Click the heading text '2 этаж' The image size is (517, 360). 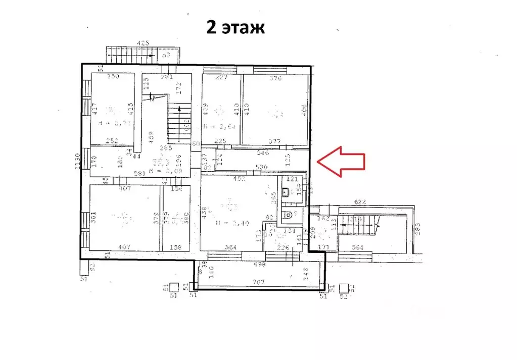click(235, 27)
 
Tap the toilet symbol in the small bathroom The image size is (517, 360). click(288, 214)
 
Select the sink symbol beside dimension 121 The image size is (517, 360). click(286, 192)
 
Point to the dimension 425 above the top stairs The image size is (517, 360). click(144, 43)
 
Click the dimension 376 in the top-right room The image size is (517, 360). click(275, 78)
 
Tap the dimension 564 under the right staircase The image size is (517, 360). click(357, 247)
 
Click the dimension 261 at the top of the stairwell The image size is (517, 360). click(166, 77)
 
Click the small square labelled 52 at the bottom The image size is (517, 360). click(345, 287)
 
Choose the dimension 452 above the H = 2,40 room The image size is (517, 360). click(239, 178)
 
